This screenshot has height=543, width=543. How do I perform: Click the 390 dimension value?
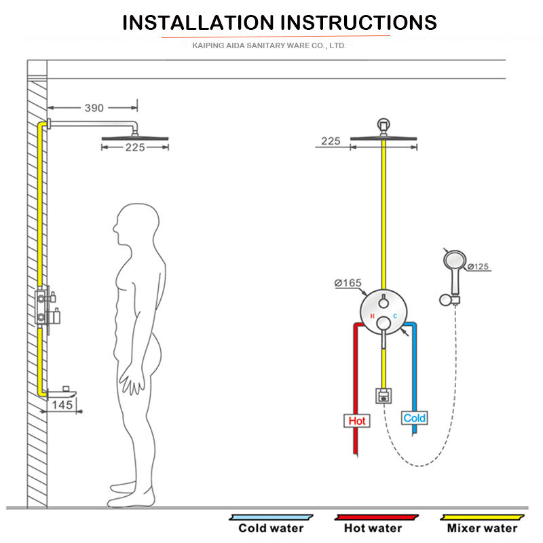94,107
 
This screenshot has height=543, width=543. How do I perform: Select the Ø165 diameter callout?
347,283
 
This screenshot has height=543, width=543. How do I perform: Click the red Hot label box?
356,421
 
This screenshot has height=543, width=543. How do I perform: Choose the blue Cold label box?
414,418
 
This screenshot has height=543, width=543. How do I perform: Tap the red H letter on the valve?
371,316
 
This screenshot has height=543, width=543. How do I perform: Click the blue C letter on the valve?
394,316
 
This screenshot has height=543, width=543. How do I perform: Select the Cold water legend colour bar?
270,517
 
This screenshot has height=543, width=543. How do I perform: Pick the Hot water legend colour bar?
368,517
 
